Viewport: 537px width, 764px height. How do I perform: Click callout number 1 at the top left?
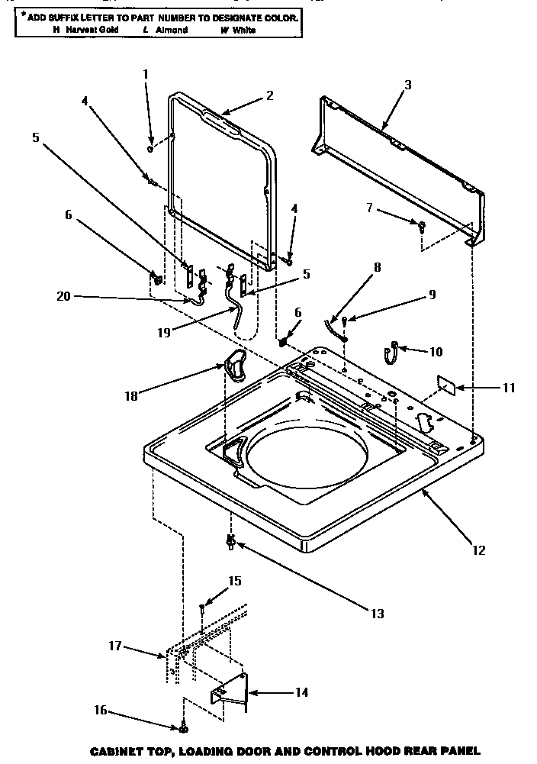pos(146,74)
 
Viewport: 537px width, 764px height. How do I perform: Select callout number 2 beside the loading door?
pos(269,95)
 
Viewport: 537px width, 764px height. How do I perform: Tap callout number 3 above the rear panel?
pos(407,85)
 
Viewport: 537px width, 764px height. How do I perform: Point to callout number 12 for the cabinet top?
pos(478,549)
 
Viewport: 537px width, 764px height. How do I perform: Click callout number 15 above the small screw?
pos(234,581)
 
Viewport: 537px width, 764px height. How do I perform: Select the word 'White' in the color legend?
pos(244,30)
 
